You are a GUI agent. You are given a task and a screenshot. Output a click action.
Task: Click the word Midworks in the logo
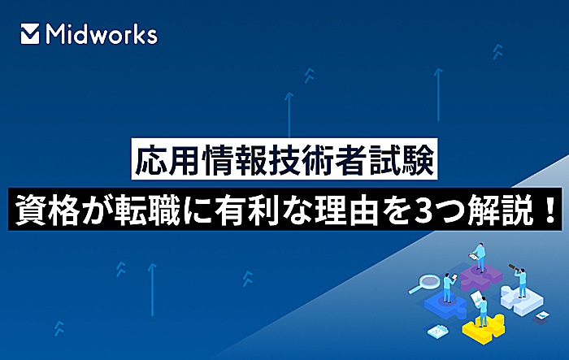point(102,33)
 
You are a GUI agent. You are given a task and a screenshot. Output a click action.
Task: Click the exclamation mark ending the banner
point(546,202)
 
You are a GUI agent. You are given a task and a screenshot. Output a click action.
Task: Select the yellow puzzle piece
point(484,327)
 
